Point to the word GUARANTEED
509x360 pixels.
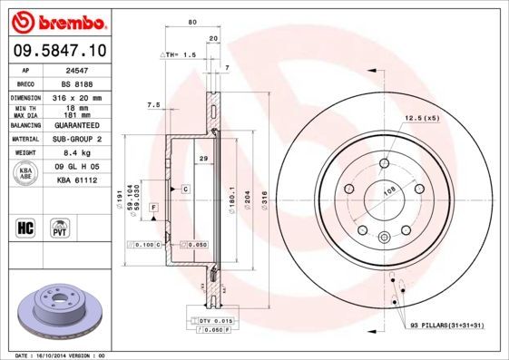72,125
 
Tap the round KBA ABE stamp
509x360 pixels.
24,173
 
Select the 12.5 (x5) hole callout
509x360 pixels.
421,118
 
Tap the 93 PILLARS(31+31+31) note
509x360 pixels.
447,325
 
